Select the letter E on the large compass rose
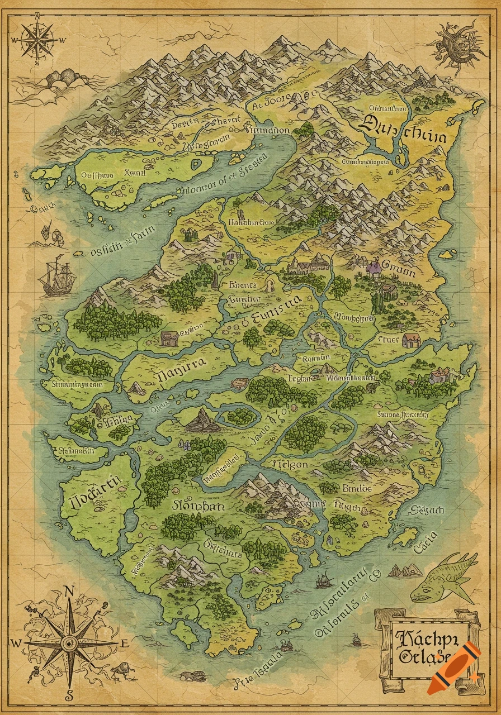pos(124,643)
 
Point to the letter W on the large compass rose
pos(16,643)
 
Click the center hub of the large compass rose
pos(69,643)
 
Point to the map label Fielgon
pos(289,464)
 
